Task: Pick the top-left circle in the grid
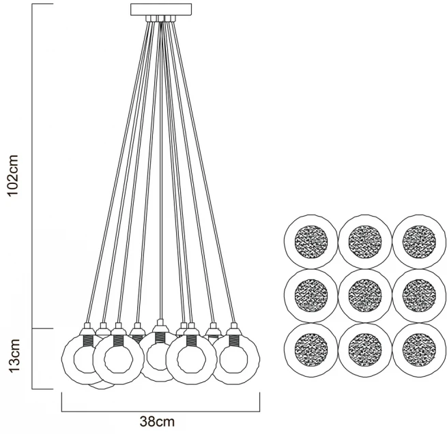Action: pos(311,241)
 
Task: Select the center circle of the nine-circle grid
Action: pos(365,295)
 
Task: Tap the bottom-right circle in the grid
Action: pos(419,350)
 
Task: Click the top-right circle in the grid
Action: pos(419,241)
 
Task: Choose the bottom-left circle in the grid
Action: pos(311,350)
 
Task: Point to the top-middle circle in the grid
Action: pos(365,241)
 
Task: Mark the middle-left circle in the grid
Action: pos(311,295)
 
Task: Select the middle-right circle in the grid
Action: pos(419,295)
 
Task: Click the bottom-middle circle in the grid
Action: pos(365,350)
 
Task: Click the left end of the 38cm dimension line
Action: pos(62,412)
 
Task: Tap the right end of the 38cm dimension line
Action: pos(260,412)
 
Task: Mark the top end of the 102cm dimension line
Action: pos(33,5)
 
